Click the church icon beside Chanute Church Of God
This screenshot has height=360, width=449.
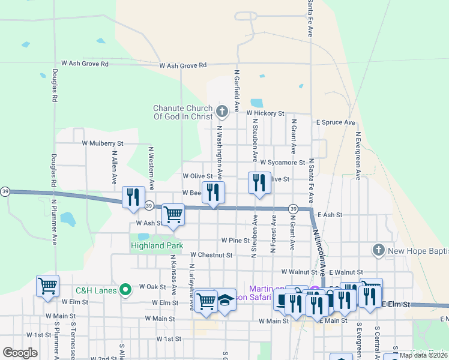(222, 111)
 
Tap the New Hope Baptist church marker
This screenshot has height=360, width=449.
(378, 249)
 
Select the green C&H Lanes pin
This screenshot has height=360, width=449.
(125, 290)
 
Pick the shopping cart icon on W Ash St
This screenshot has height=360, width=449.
(173, 214)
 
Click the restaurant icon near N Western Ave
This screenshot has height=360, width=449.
(133, 196)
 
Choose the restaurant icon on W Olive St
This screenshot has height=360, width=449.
(259, 182)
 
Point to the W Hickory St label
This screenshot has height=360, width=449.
(264, 113)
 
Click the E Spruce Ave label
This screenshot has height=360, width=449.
(336, 122)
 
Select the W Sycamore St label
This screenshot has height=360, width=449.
(283, 162)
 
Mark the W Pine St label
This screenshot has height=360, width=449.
(235, 240)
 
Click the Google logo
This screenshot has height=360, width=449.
(20, 353)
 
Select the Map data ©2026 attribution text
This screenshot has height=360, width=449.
(423, 355)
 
